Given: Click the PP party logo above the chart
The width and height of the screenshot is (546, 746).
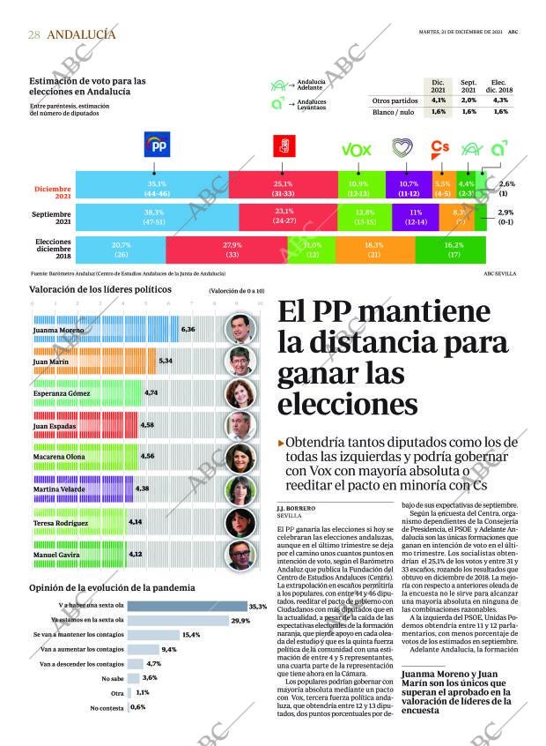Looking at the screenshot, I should tap(157, 145).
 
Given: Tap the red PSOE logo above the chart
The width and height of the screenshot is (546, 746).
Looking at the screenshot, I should tap(284, 145).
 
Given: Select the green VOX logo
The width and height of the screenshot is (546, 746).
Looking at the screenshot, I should tap(355, 149).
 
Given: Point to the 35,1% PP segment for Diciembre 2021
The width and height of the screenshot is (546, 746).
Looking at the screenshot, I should tap(157, 188).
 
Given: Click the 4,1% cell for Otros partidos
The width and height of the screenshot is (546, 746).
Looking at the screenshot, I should tap(438, 101).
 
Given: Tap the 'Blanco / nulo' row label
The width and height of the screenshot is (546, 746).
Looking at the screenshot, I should tap(393, 112).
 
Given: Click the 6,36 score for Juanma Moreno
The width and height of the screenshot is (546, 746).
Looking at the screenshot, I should tap(188, 329).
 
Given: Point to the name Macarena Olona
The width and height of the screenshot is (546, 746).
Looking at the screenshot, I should tap(59, 458).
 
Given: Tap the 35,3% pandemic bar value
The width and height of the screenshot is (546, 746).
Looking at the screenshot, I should tap(258, 607).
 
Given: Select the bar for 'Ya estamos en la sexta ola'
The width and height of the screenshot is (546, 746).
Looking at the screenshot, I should tap(177, 620).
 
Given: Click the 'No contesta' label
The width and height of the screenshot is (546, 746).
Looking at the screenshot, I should tap(107, 708).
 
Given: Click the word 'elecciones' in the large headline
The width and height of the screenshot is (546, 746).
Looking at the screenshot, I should tap(347, 404).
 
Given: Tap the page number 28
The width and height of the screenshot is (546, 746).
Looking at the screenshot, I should tap(34, 34).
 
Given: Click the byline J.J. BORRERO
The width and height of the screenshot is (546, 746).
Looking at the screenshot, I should tap(295, 509).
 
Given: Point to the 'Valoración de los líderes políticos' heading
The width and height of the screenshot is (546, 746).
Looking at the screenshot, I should tap(100, 289).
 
